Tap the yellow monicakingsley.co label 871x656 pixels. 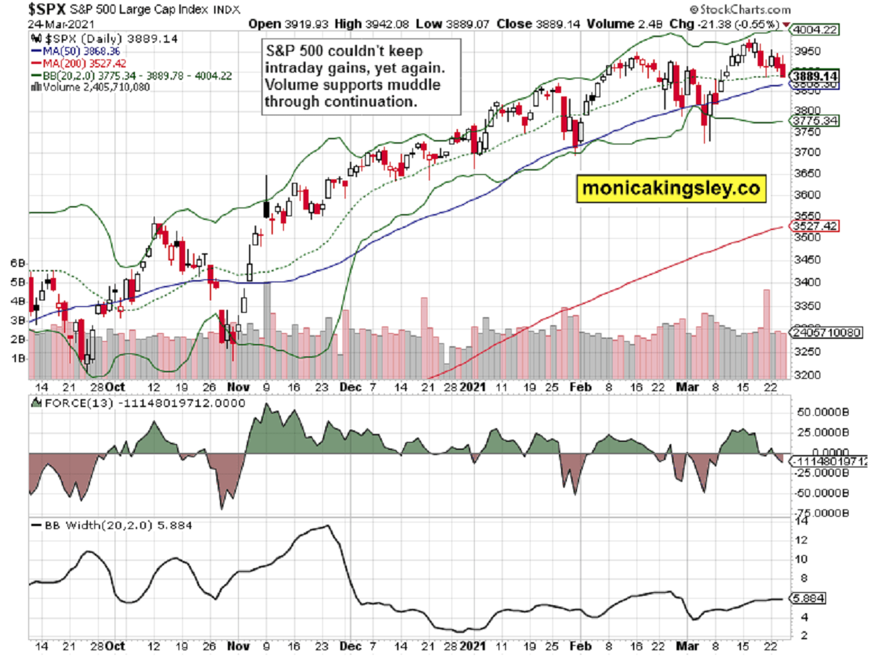pyautogui.click(x=671, y=189)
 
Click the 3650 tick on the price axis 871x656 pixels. pyautogui.click(x=804, y=173)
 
